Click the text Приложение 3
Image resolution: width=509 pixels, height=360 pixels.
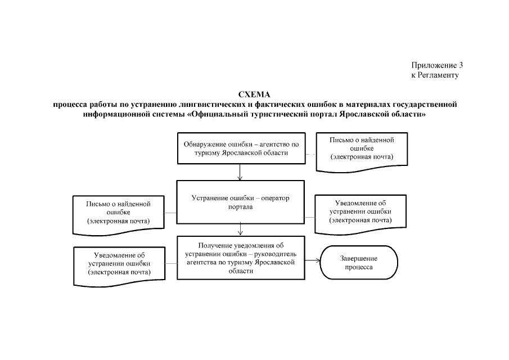437,65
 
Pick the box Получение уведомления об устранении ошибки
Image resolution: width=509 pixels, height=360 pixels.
241,258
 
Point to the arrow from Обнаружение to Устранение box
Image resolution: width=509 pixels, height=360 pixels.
241,171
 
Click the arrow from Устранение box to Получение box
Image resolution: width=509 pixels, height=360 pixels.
241,229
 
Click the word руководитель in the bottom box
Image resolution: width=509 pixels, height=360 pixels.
283,254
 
